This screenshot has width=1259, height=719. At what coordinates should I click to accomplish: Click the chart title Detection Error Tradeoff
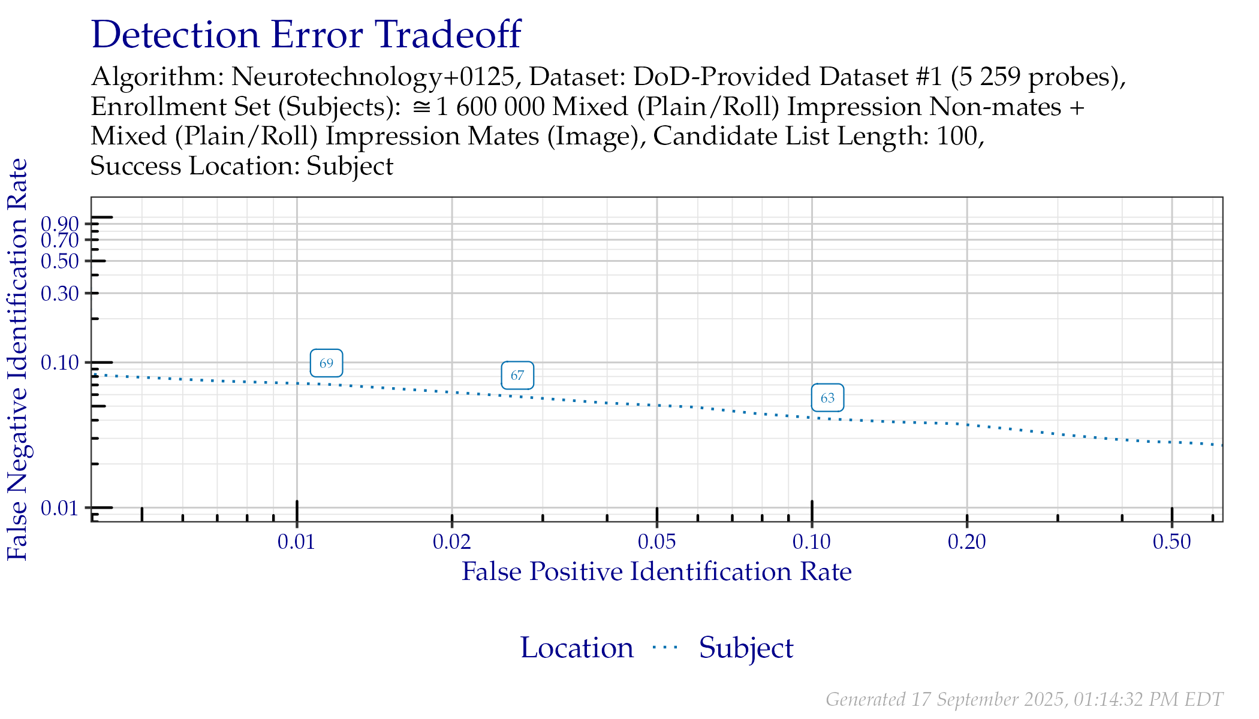click(306, 35)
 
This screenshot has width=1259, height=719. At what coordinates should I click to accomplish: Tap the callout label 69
click(326, 363)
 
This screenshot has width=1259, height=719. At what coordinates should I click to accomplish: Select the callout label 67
click(517, 376)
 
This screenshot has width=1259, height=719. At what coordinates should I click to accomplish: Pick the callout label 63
click(827, 398)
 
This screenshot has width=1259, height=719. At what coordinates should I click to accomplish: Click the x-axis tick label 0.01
click(296, 542)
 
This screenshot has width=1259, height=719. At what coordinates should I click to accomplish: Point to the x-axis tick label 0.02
click(452, 542)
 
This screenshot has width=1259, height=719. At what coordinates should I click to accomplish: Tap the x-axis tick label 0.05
click(657, 542)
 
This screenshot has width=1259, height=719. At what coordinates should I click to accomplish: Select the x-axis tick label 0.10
click(812, 542)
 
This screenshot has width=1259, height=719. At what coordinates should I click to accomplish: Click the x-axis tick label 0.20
click(967, 542)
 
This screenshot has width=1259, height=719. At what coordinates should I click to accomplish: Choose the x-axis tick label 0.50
click(1172, 542)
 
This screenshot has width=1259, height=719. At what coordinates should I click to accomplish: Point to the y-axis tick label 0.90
click(60, 224)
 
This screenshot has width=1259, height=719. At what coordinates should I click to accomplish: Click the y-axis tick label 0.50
click(60, 261)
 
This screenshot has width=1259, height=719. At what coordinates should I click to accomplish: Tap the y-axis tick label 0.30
click(60, 294)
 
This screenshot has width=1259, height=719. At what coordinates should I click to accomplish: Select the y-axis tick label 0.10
click(60, 362)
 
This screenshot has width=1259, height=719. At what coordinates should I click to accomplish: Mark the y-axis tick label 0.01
click(60, 508)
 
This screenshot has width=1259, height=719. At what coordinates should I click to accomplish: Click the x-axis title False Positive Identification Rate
click(656, 572)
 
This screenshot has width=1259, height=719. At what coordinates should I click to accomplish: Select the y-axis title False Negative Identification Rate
click(18, 359)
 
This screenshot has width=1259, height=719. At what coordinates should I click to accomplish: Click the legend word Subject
click(746, 648)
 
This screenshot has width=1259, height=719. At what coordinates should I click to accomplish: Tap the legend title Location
click(576, 648)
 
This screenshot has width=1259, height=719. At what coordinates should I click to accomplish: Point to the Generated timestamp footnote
click(1024, 699)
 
